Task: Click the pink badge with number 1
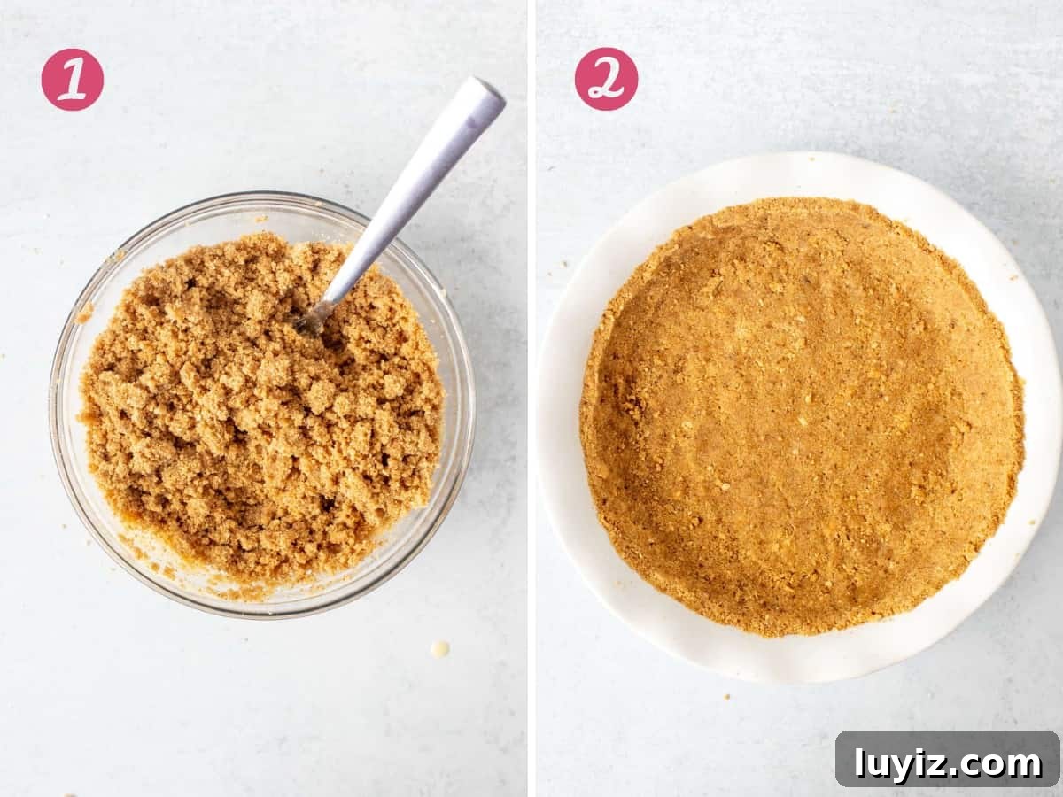point(72,80)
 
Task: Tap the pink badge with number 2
point(606,79)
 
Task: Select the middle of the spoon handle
point(406,204)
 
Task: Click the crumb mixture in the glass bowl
point(261,411)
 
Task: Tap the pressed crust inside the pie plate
point(802,416)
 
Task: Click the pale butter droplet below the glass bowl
point(439,649)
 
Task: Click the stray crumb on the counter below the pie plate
point(726,697)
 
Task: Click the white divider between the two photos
point(531,398)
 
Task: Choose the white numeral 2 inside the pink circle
point(606,80)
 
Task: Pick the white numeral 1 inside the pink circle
point(73,80)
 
